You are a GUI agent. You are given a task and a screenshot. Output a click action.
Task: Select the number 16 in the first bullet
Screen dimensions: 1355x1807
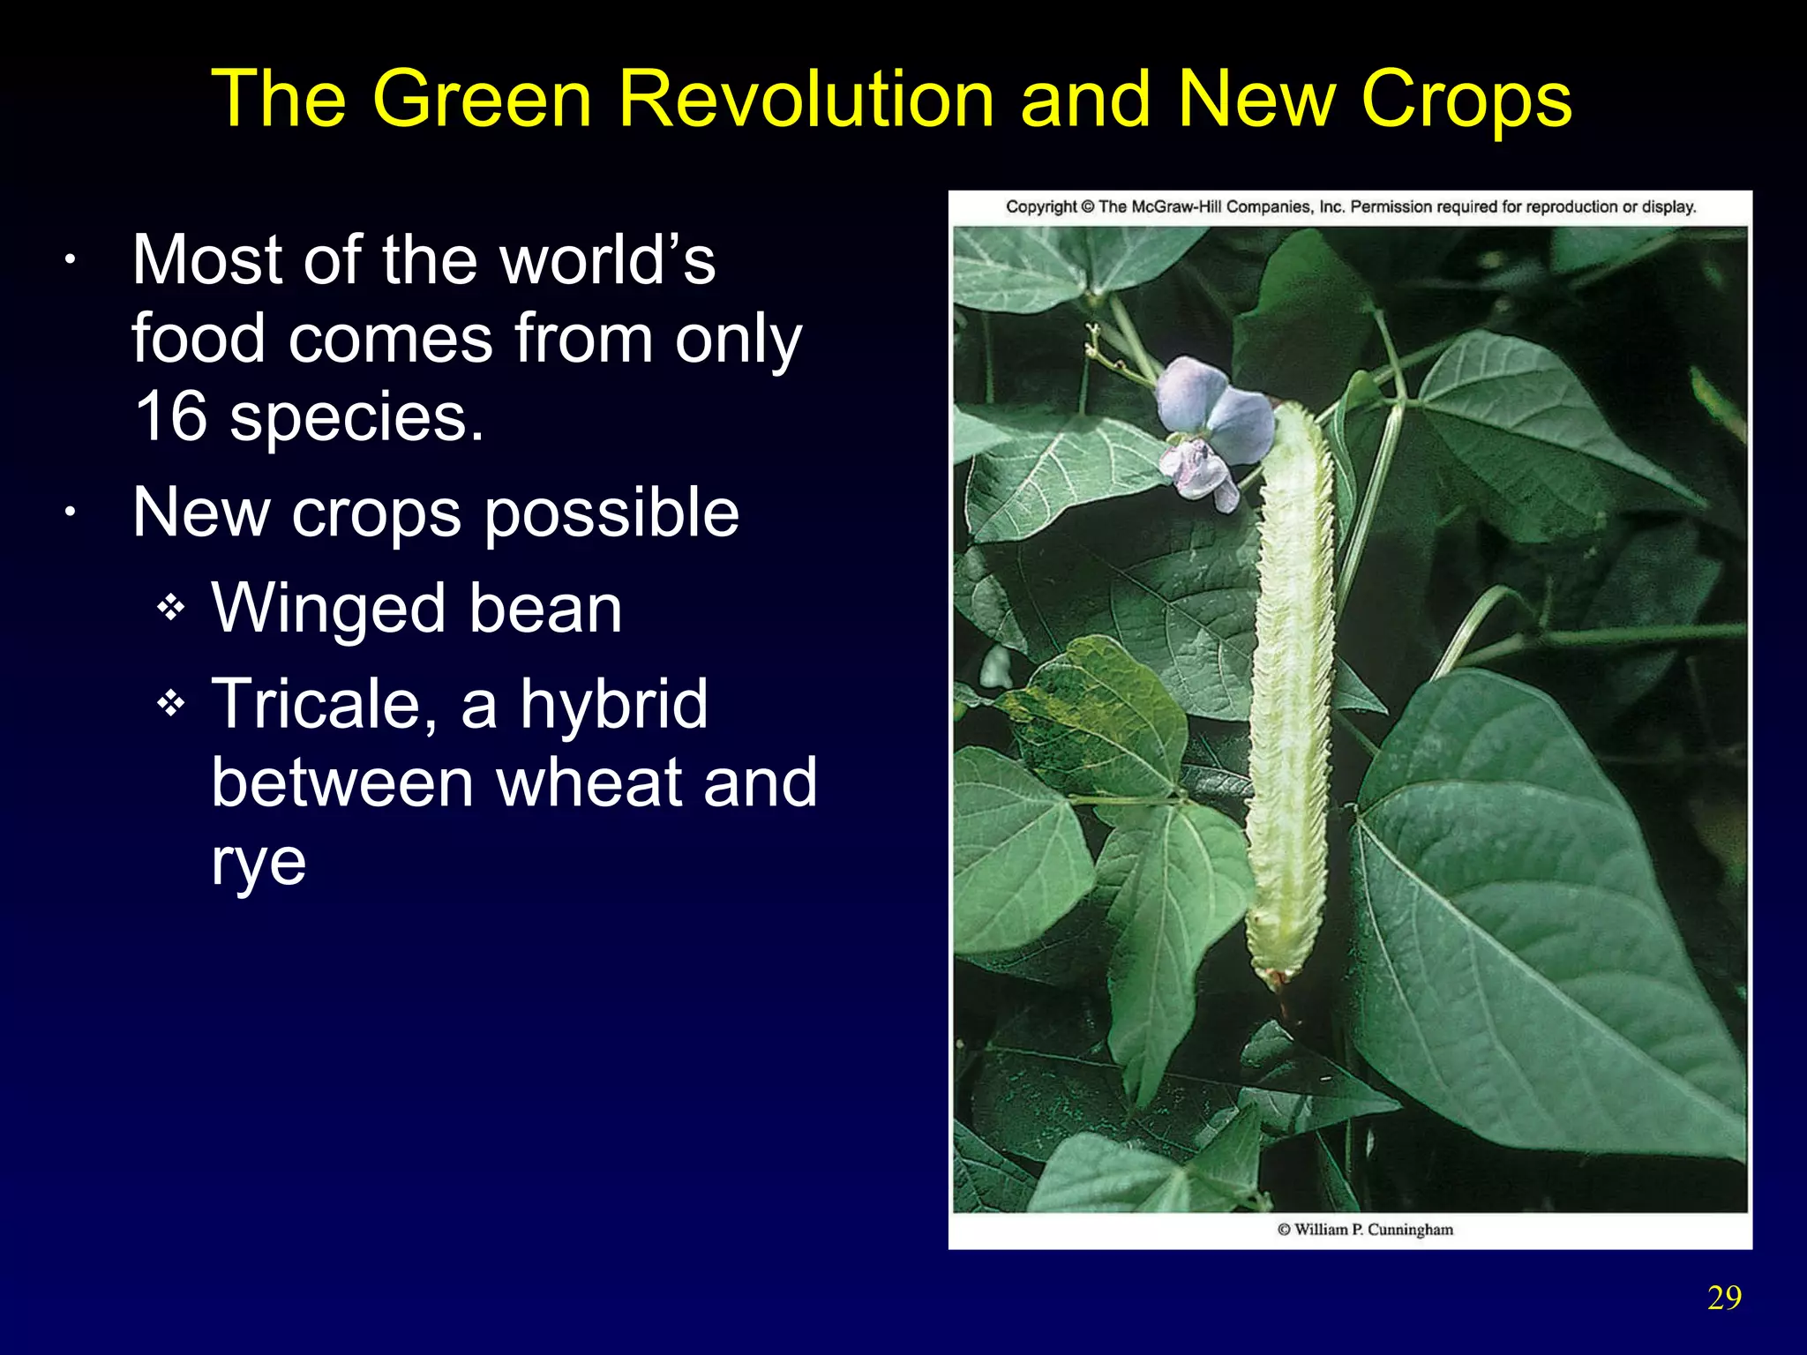point(169,416)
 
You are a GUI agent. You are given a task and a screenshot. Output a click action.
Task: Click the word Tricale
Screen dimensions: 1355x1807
point(322,704)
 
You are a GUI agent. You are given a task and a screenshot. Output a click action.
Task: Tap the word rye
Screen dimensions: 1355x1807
point(259,863)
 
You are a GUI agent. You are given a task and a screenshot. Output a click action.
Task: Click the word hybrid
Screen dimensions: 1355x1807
point(613,704)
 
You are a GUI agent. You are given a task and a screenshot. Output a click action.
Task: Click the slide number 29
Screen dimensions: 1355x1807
point(1724,1298)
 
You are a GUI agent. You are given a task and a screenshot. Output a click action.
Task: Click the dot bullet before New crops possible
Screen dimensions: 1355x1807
point(71,514)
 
